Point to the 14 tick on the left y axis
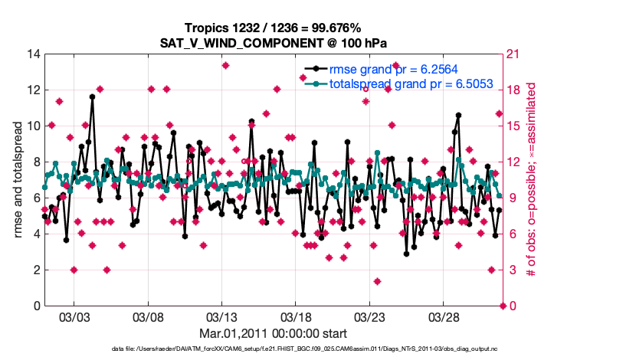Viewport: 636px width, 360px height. click(33, 54)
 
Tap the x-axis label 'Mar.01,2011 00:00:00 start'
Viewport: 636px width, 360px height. click(273, 333)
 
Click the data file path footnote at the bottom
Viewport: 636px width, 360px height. click(274, 349)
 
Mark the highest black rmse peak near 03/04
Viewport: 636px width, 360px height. click(92, 97)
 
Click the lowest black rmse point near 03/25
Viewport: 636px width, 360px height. click(406, 254)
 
